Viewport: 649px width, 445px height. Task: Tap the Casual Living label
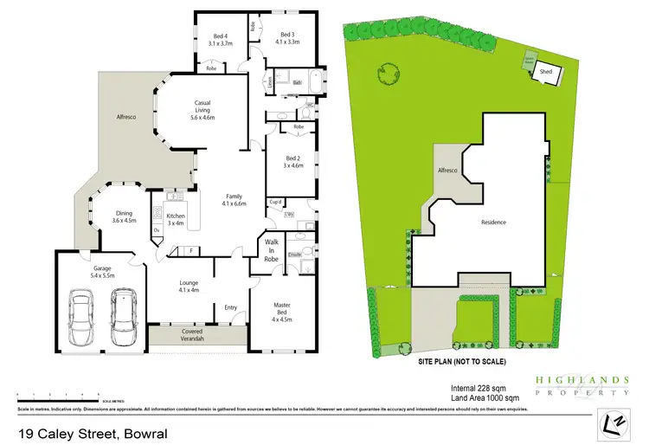coord(210,113)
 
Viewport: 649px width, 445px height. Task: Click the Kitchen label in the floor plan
coord(176,219)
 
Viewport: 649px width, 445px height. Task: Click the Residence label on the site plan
coord(493,222)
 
